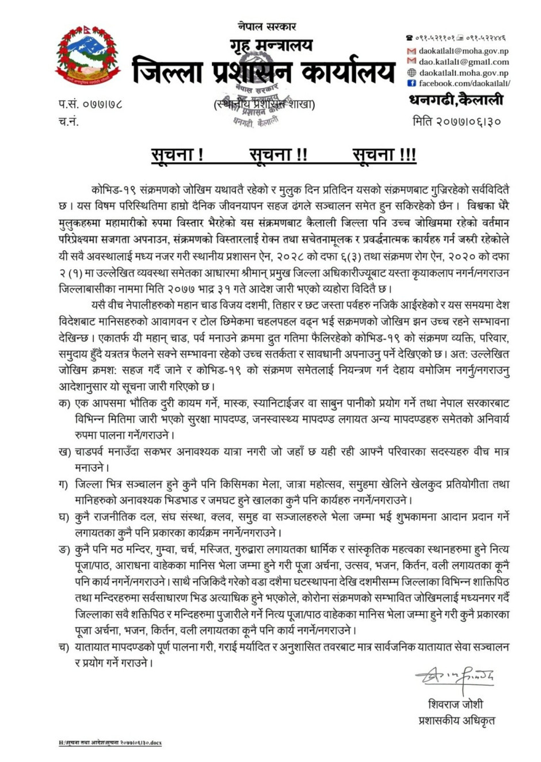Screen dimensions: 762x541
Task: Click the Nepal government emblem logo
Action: (x=88, y=56)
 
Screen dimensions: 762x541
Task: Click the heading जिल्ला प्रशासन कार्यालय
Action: (x=264, y=72)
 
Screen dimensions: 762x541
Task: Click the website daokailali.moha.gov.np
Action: (x=463, y=73)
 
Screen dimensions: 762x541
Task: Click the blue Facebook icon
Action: (x=412, y=83)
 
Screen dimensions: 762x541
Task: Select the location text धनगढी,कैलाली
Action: (x=456, y=100)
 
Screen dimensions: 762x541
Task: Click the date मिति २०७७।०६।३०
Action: (x=457, y=121)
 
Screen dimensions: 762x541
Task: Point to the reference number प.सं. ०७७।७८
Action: (x=90, y=105)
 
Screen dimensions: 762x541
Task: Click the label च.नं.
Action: (x=68, y=121)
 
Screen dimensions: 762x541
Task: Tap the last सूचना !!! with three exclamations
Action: (x=384, y=155)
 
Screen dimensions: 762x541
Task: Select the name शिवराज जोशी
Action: (x=455, y=704)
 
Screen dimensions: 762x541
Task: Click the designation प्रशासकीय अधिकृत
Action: (x=456, y=720)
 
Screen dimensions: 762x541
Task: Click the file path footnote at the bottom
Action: (x=110, y=743)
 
